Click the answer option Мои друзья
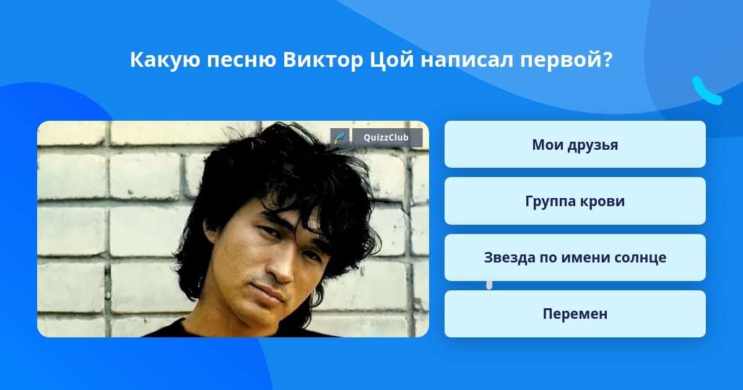tap(575, 144)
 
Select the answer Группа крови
tap(575, 201)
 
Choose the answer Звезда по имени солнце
tap(575, 258)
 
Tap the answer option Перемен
tap(575, 314)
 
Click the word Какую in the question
tap(165, 61)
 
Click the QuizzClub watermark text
tap(386, 137)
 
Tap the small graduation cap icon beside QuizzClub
tap(340, 137)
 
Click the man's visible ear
tap(211, 230)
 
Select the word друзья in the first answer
tap(593, 145)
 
